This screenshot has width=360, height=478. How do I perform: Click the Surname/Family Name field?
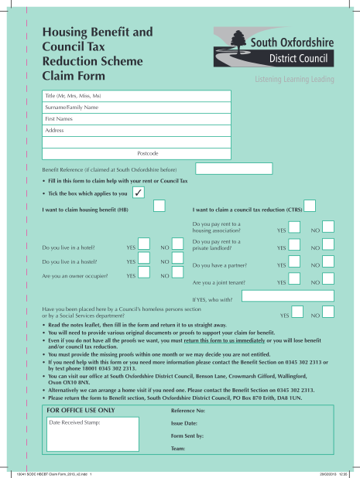point(135,108)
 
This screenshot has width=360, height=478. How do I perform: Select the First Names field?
point(135,119)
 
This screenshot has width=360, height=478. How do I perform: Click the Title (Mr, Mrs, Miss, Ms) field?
point(135,96)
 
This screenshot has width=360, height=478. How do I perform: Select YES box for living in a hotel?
point(144,245)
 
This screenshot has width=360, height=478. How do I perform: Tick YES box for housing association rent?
point(294,227)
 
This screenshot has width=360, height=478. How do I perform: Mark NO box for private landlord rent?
point(328,246)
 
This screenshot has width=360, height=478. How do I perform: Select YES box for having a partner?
point(294,265)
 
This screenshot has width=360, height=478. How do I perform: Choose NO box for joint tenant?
point(328,282)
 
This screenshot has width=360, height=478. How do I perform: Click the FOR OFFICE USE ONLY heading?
point(81,410)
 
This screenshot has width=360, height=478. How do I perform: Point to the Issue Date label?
point(184,424)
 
